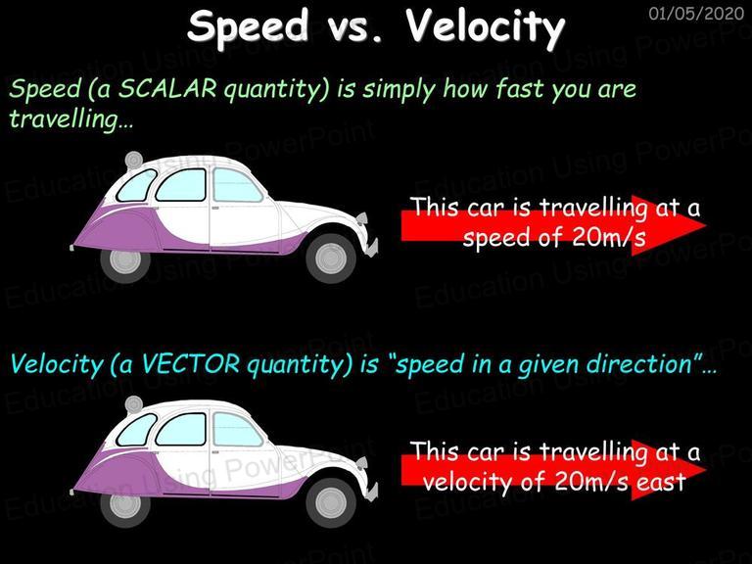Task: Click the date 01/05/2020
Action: pyautogui.click(x=696, y=13)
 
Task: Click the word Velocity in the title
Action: pyautogui.click(x=486, y=26)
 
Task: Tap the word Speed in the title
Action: pyautogui.click(x=248, y=26)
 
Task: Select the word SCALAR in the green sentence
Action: pyautogui.click(x=166, y=89)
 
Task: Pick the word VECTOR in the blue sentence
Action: pyautogui.click(x=190, y=364)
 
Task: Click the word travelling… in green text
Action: pyautogui.click(x=70, y=119)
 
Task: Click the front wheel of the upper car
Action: pyautogui.click(x=331, y=258)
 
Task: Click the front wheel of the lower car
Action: pyautogui.click(x=331, y=502)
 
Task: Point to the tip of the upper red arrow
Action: pyautogui.click(x=706, y=225)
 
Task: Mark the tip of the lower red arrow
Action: pyautogui.click(x=706, y=470)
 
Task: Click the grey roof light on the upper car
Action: pyautogui.click(x=134, y=160)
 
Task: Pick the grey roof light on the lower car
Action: pyautogui.click(x=134, y=404)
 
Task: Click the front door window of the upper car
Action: pyautogui.click(x=236, y=186)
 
